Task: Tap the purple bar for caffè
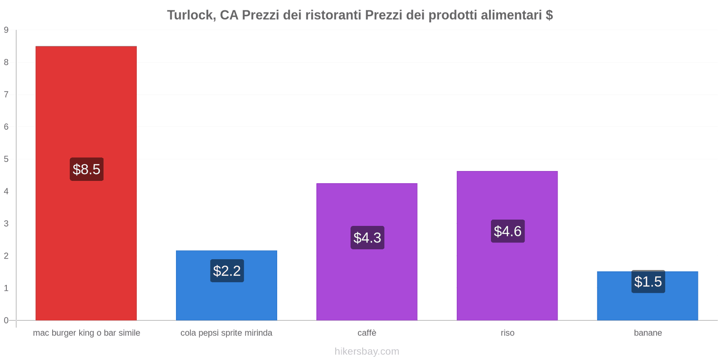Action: tap(367, 279)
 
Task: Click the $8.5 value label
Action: tap(86, 169)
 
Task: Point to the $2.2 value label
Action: tap(227, 271)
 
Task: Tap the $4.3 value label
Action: tap(367, 238)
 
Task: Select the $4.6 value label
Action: tap(508, 231)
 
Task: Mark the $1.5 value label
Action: tap(648, 282)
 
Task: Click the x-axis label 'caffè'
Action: tap(367, 333)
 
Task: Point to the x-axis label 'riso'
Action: tap(507, 333)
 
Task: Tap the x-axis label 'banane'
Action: tap(648, 333)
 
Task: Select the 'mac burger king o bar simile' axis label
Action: tap(86, 333)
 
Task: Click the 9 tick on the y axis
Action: tap(6, 30)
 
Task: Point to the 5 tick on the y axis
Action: tap(6, 159)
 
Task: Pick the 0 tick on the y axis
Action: tap(6, 320)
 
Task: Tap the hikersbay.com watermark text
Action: tap(367, 351)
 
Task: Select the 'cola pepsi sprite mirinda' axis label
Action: tap(226, 333)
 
